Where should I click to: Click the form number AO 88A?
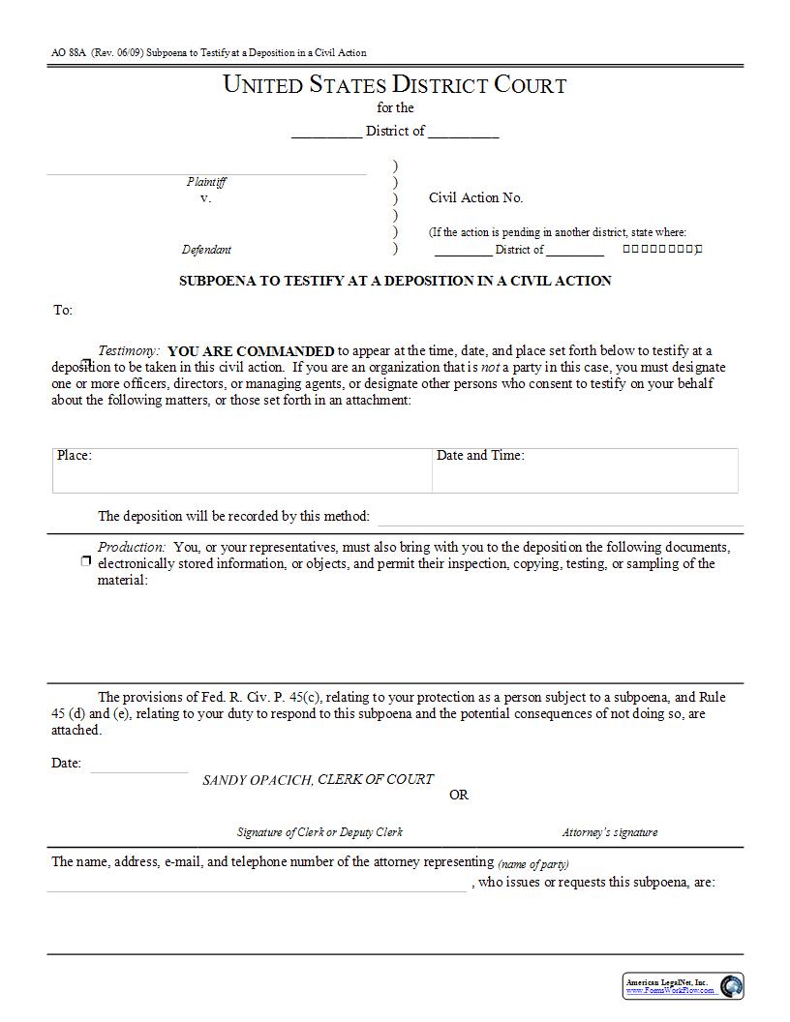coord(66,52)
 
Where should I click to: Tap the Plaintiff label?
coord(206,182)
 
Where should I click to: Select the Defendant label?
coord(206,250)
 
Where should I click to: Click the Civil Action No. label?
coord(475,197)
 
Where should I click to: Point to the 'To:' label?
coord(62,311)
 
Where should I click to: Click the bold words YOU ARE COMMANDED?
coord(251,351)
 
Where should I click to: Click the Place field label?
coord(74,456)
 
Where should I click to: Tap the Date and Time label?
coord(480,456)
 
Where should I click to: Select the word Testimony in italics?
coord(128,351)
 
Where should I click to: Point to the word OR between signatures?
coord(459,796)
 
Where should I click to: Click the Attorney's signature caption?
coord(609,832)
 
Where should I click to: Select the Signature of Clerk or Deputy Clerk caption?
coord(319,832)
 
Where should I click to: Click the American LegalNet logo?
coord(683,986)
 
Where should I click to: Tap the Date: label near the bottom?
coord(66,764)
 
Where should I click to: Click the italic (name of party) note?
coord(533,864)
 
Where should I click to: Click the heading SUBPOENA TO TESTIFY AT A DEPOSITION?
coord(395,282)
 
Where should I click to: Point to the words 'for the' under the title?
coord(395,108)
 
